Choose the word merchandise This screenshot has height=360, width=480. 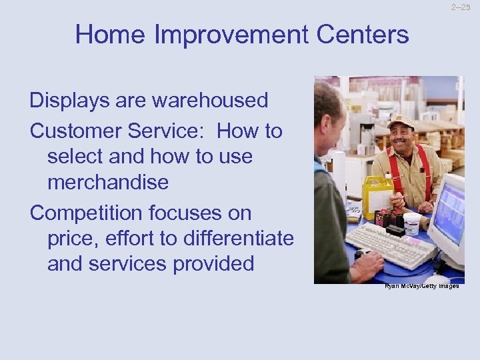(109, 182)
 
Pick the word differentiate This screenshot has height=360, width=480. (235, 238)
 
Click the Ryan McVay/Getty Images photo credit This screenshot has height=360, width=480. (421, 285)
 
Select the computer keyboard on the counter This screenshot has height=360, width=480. (389, 243)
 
